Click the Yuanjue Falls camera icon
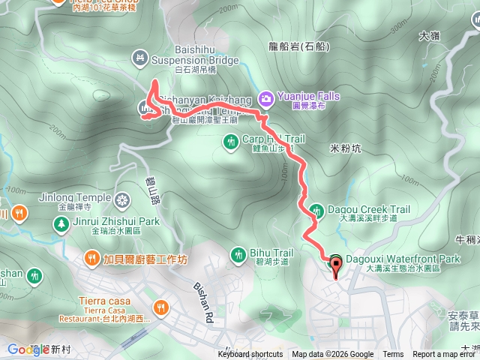(x=265, y=97)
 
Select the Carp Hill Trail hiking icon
(x=230, y=140)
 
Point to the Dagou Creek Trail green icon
(x=316, y=211)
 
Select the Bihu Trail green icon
(x=238, y=254)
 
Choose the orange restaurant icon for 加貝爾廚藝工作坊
(x=91, y=259)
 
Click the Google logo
(x=28, y=349)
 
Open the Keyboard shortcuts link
(x=250, y=355)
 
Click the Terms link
(x=393, y=355)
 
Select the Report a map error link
(x=445, y=355)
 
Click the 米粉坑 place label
(x=346, y=148)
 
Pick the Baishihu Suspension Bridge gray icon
(x=140, y=56)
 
